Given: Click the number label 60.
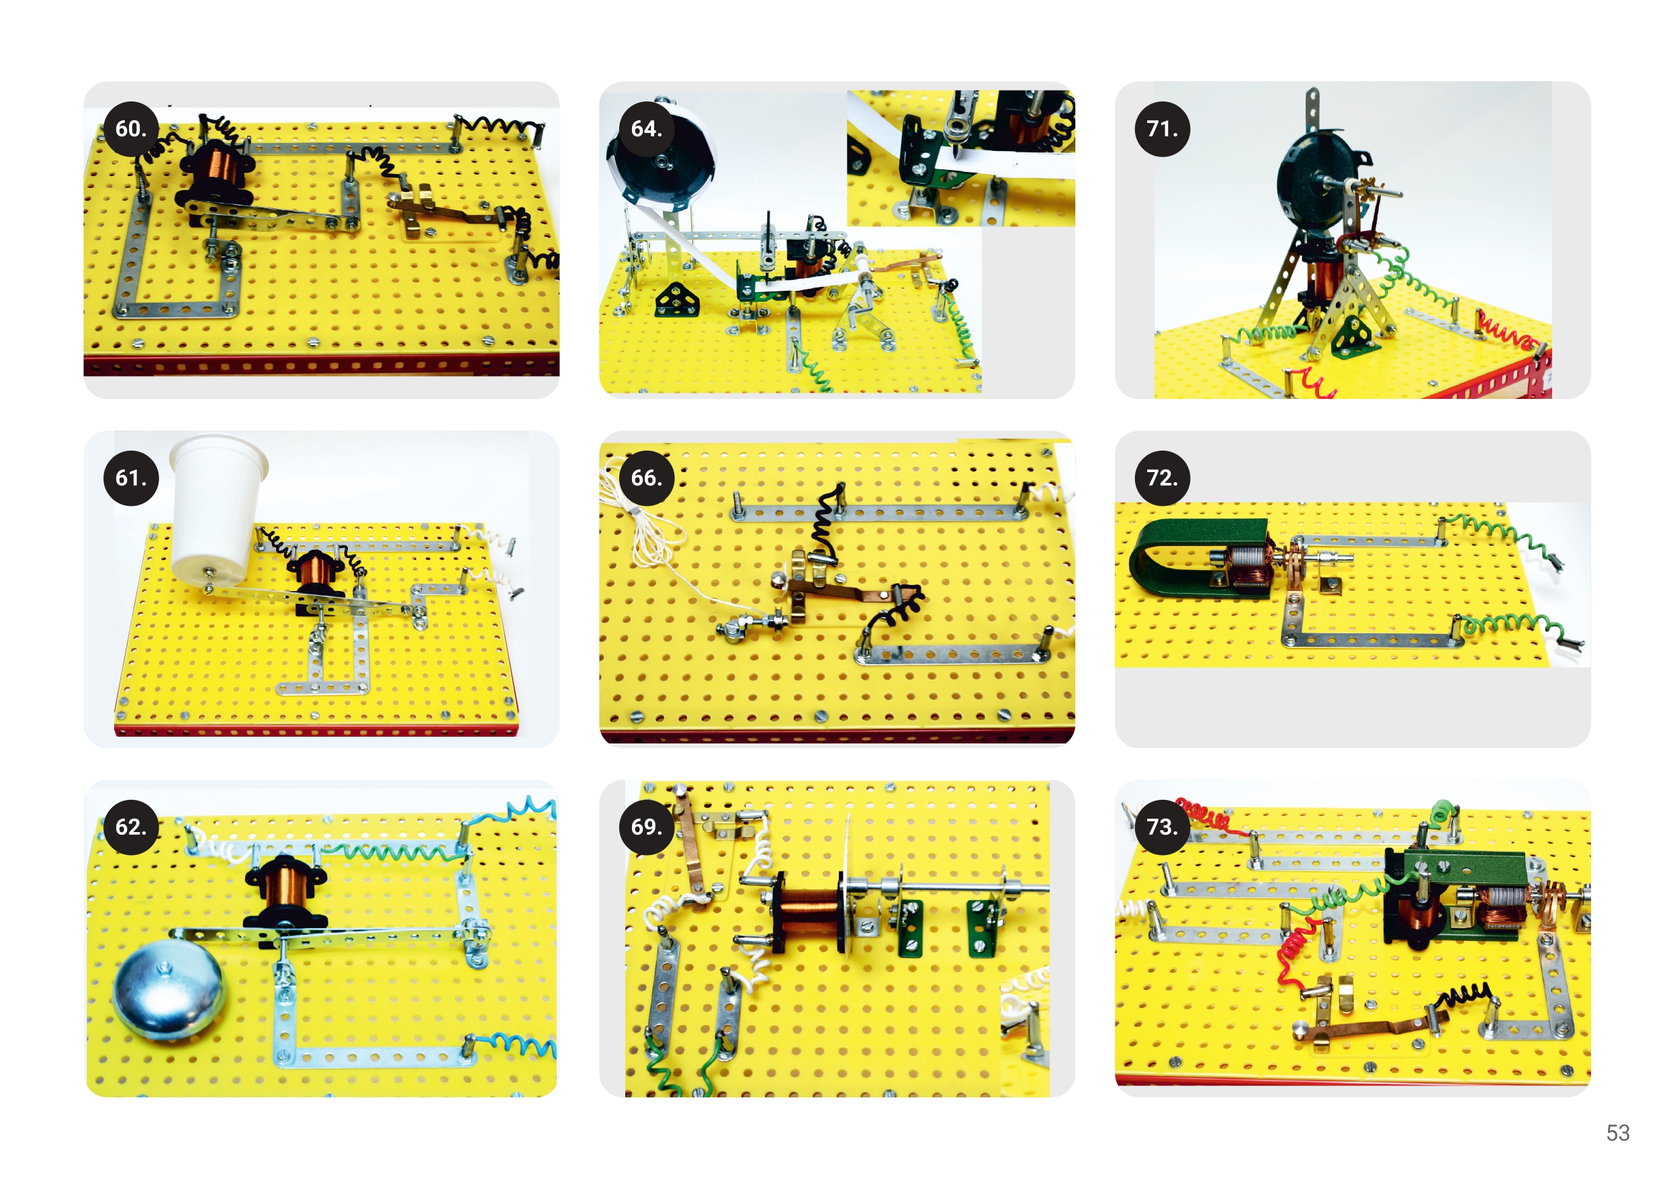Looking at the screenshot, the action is (131, 129).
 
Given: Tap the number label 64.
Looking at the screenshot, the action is (647, 129).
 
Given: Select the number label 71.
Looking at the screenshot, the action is (1162, 129).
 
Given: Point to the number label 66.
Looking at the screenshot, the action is (647, 478).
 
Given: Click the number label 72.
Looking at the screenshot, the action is (1162, 478).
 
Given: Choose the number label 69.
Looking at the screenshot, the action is (647, 827).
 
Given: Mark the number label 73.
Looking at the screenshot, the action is (1162, 827).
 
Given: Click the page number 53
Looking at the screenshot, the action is (1618, 1132).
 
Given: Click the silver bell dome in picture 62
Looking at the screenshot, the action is (169, 989).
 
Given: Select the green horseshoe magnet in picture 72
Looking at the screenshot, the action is (1195, 557).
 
